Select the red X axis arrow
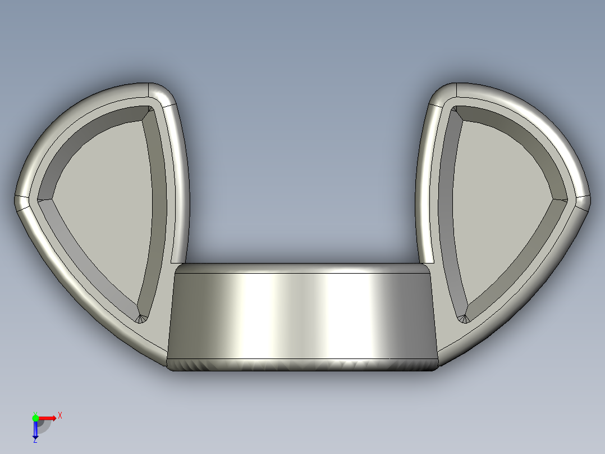pos(48,417)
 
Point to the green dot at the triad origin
pos(35,417)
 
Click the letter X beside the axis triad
pos(60,416)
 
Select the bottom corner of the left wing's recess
pos(141,319)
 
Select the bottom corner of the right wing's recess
pos(464,319)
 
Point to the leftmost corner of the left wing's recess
pos(39,198)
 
